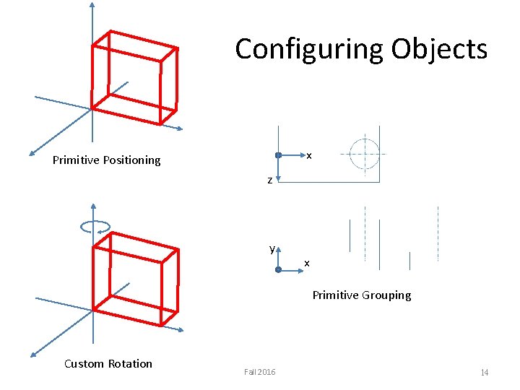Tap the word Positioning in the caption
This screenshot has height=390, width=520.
(x=129, y=160)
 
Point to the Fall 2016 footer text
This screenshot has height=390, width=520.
(x=259, y=371)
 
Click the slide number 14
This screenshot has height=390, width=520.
(x=485, y=372)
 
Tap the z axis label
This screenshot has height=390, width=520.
(x=269, y=180)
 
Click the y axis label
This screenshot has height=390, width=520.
(x=272, y=248)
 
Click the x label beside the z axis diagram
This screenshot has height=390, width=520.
(x=308, y=155)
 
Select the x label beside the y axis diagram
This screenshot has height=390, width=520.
(x=306, y=263)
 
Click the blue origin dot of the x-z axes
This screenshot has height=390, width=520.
(x=278, y=155)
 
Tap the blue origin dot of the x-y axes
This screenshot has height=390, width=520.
(x=278, y=269)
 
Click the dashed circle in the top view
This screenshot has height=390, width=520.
(x=364, y=153)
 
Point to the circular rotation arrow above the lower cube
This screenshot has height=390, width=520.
(x=95, y=226)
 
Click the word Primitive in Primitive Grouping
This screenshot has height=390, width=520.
(x=334, y=295)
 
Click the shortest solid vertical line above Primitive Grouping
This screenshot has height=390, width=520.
(x=409, y=261)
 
